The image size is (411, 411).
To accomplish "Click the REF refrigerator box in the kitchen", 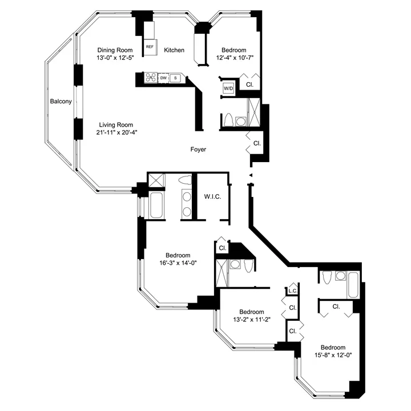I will click(150, 47).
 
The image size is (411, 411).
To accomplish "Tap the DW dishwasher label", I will click(164, 78).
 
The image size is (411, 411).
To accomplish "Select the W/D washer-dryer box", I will click(228, 88).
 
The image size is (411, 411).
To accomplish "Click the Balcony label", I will click(61, 102).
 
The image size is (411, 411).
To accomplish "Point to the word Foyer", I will click(198, 150).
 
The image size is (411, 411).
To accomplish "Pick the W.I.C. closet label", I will click(212, 197).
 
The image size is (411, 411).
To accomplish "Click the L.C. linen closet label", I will click(292, 291).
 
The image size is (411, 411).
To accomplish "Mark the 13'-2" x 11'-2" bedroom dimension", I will click(251, 319).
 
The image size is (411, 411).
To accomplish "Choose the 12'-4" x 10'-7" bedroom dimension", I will click(234, 57).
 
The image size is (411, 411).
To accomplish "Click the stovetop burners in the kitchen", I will click(151, 78).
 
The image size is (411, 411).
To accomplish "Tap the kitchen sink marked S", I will click(176, 78).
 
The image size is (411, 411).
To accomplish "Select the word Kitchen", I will click(174, 50).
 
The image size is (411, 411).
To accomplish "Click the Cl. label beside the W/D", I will click(250, 84).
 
